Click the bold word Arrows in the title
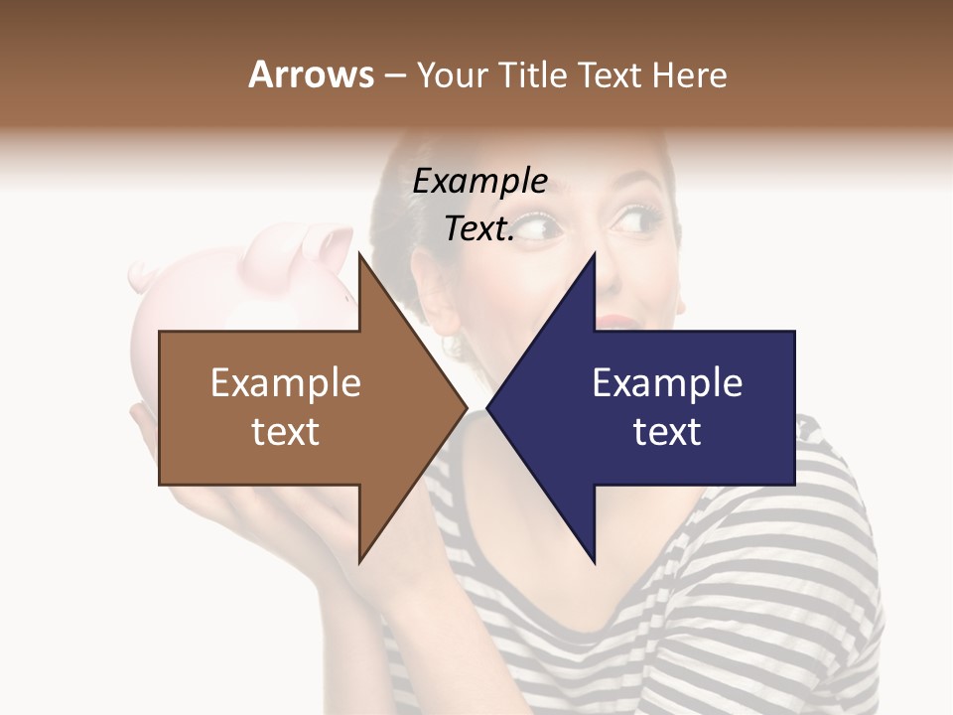[312, 74]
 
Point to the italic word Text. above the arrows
[478, 228]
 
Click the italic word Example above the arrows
[479, 182]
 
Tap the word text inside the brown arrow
[285, 432]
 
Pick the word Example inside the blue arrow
[667, 383]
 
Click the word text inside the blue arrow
[667, 432]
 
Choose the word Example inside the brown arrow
[285, 383]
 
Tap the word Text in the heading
[611, 74]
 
